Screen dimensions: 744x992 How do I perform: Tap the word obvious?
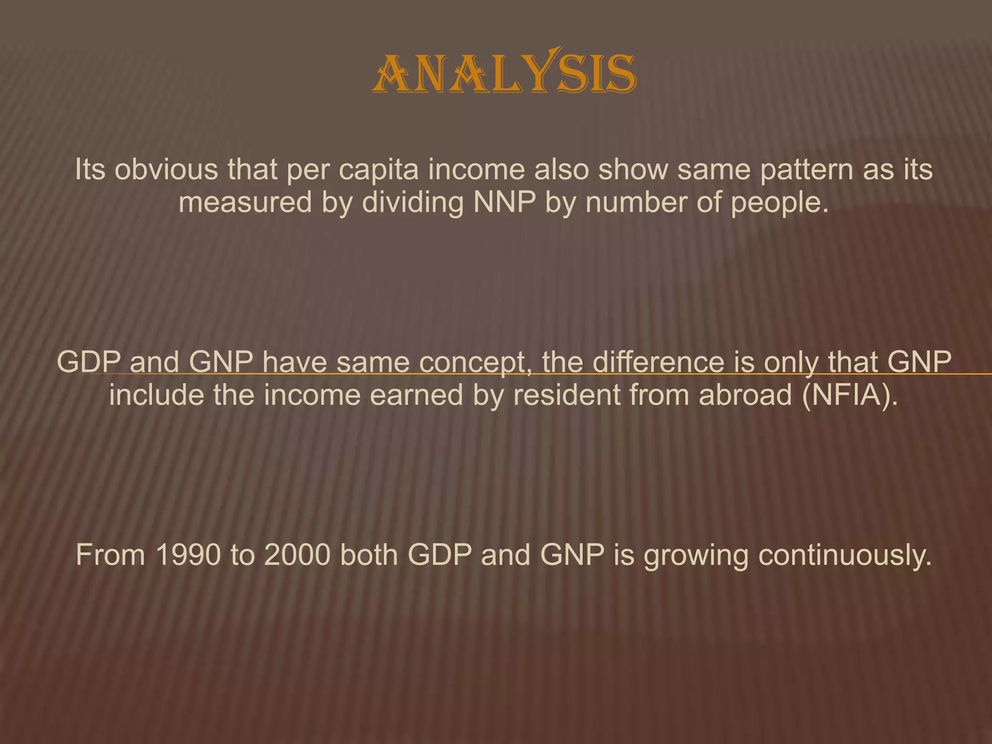[166, 170]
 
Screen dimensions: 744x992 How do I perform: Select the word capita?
[378, 170]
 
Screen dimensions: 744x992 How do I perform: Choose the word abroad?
[745, 395]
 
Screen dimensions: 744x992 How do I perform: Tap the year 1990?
[188, 555]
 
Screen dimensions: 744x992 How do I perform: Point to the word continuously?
[845, 555]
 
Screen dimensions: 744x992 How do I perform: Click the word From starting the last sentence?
[110, 555]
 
